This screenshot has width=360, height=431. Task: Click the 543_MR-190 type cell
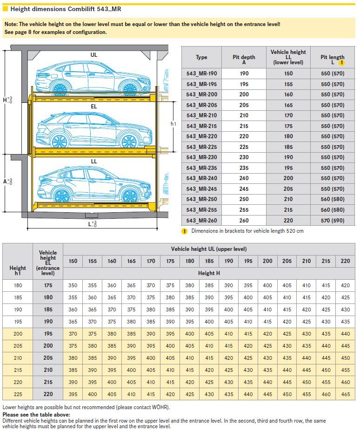[201, 74]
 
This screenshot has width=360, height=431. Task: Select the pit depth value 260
[244, 221]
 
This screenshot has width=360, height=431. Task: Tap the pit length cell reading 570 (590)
[333, 221]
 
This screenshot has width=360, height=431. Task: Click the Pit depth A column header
[244, 57]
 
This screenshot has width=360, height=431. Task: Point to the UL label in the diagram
[94, 55]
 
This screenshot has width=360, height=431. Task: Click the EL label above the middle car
[94, 107]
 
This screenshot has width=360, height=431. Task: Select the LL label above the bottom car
[94, 162]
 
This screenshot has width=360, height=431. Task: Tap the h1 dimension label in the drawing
[173, 124]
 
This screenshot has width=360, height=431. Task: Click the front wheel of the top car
[130, 87]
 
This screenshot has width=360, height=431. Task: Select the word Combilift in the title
[79, 8]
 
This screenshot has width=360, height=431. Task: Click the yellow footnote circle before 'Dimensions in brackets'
[184, 231]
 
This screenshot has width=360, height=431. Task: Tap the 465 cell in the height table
[345, 394]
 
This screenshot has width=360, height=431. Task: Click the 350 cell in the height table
[73, 285]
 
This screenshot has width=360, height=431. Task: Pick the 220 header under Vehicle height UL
[345, 261]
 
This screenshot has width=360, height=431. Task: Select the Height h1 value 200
[18, 334]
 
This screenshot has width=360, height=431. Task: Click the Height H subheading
[209, 273]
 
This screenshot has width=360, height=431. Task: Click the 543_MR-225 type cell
[201, 147]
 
